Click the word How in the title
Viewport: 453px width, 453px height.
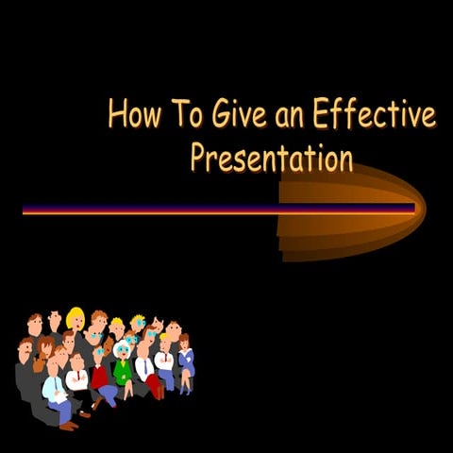[x=129, y=113]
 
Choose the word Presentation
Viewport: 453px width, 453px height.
[x=272, y=156]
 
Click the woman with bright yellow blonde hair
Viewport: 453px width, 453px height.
[x=75, y=322]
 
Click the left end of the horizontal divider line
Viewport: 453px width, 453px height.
[x=24, y=210]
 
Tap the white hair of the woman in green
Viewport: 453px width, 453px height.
[x=123, y=346]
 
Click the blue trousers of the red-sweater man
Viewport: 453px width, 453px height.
[x=108, y=392]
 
